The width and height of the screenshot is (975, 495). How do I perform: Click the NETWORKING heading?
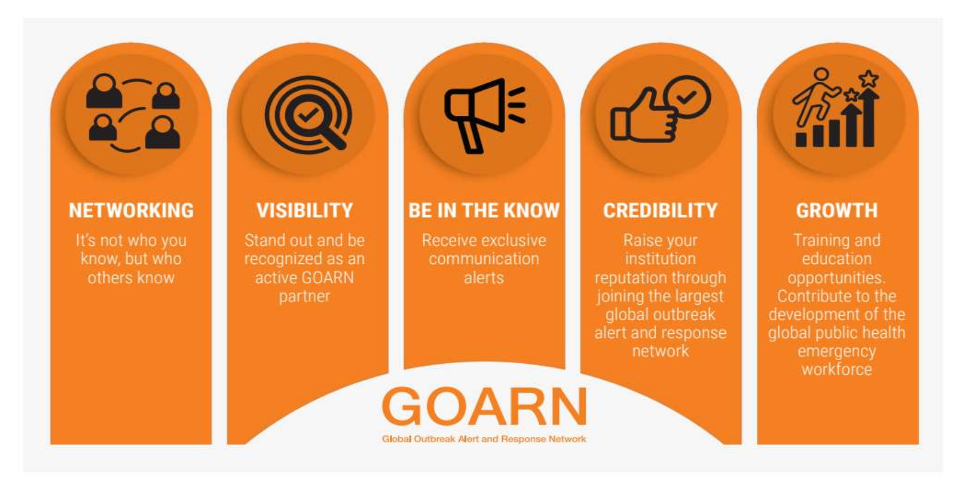[x=131, y=211]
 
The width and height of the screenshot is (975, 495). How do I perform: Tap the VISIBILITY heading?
[x=305, y=211]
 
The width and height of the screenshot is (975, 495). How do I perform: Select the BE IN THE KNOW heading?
[x=484, y=211]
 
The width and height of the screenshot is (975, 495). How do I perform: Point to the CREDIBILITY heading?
[x=660, y=211]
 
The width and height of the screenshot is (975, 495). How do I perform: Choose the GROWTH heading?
[x=837, y=211]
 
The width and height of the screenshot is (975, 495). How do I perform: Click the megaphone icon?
[x=485, y=116]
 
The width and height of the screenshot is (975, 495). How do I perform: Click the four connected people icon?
[x=133, y=113]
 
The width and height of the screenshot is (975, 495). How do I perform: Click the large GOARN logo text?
[x=484, y=406]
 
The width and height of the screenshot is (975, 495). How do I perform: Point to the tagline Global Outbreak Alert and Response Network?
[x=484, y=439]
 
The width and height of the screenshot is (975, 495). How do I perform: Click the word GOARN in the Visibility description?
[x=329, y=278]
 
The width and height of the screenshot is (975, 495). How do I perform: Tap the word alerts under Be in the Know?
[x=484, y=278]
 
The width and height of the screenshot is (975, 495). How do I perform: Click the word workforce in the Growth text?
[x=837, y=370]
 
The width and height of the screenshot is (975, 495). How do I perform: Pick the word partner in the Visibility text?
[x=305, y=296]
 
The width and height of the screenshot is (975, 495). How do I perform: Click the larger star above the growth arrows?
[x=869, y=78]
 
